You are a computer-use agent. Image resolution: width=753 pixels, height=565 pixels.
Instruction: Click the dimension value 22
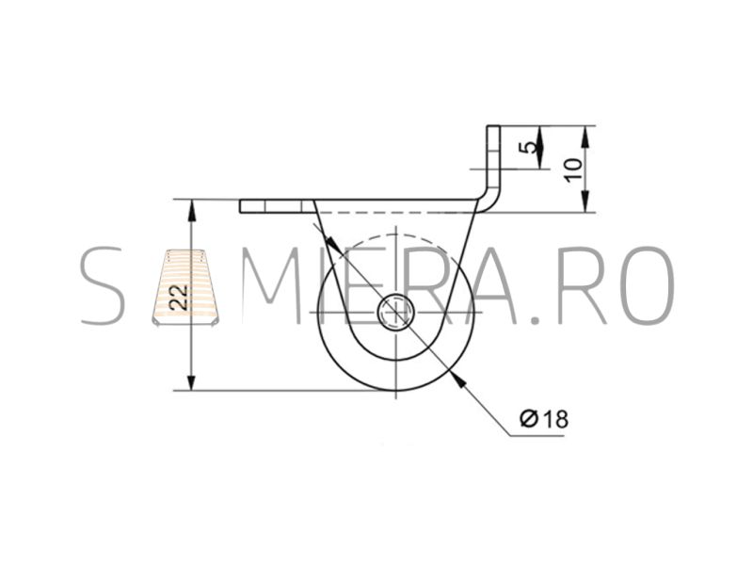(179, 297)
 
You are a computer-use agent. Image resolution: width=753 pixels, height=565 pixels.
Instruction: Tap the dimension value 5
(529, 147)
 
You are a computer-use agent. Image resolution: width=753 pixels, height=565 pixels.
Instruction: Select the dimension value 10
(574, 169)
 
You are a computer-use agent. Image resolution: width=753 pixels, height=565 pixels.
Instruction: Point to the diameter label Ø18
(544, 419)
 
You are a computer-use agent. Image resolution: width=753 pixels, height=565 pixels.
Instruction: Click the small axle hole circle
(395, 314)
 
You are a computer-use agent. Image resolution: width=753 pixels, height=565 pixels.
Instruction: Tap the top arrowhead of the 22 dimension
(192, 210)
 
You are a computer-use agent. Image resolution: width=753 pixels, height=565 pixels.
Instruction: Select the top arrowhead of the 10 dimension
(585, 137)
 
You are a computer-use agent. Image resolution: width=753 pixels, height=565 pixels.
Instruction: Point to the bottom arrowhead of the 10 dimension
(585, 201)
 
